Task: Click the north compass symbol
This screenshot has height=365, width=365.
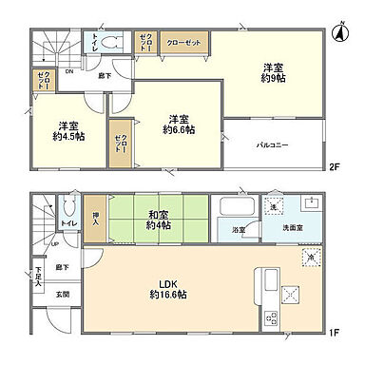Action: (338, 31)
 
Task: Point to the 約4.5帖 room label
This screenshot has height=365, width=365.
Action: (67, 130)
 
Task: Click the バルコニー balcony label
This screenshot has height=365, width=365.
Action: (273, 145)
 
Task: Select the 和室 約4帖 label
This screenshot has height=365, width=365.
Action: (158, 220)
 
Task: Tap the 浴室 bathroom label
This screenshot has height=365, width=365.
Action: (240, 230)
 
